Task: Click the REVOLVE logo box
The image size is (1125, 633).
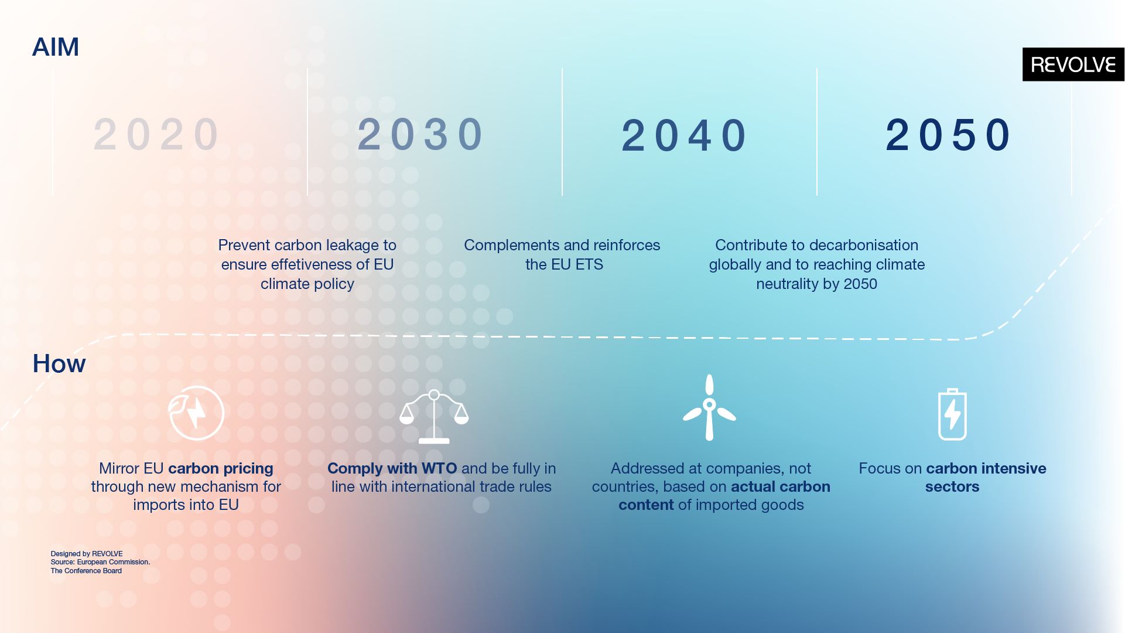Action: click(x=1073, y=64)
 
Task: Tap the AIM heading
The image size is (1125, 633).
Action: click(x=56, y=47)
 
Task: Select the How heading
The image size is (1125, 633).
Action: click(x=59, y=363)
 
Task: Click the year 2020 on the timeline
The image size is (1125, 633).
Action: click(x=156, y=135)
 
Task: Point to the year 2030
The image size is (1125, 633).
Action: click(x=420, y=135)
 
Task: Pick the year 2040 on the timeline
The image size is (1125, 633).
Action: click(x=684, y=135)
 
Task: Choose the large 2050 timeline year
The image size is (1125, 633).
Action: click(x=948, y=135)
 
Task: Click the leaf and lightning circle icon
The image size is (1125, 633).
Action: click(x=196, y=413)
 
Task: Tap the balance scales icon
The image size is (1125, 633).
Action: click(x=434, y=417)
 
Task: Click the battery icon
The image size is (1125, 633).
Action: click(x=952, y=414)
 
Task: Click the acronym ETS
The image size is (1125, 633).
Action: click(x=589, y=264)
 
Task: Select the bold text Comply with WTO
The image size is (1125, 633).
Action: click(x=392, y=469)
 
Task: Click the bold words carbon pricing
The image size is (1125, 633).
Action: click(x=221, y=469)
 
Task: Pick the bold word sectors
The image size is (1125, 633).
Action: click(x=952, y=487)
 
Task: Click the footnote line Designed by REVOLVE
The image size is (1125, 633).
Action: click(x=87, y=554)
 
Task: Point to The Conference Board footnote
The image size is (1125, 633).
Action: click(x=86, y=571)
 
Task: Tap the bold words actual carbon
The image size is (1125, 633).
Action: click(x=781, y=487)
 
